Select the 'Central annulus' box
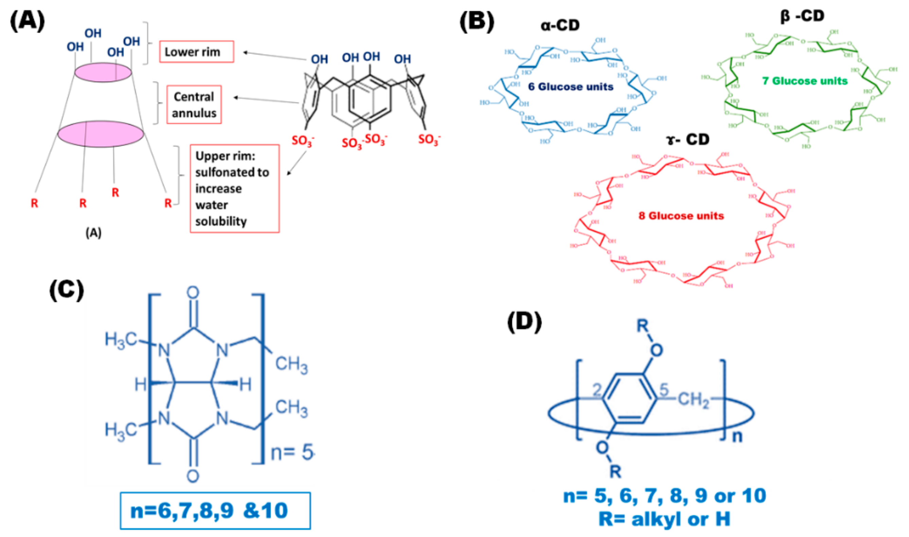pos(194,105)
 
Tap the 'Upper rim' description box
pos(234,188)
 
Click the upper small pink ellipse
pos(103,72)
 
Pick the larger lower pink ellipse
pos(101,134)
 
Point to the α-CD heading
pos(560,25)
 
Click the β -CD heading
pos(802,16)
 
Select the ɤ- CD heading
pos(687,139)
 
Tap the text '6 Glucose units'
pos(571,87)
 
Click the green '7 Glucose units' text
pos(805,81)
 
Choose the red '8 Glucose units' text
pos(681,216)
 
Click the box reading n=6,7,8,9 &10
pos(215,511)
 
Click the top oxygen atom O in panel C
pos(193,292)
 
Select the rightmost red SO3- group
pos(429,139)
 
